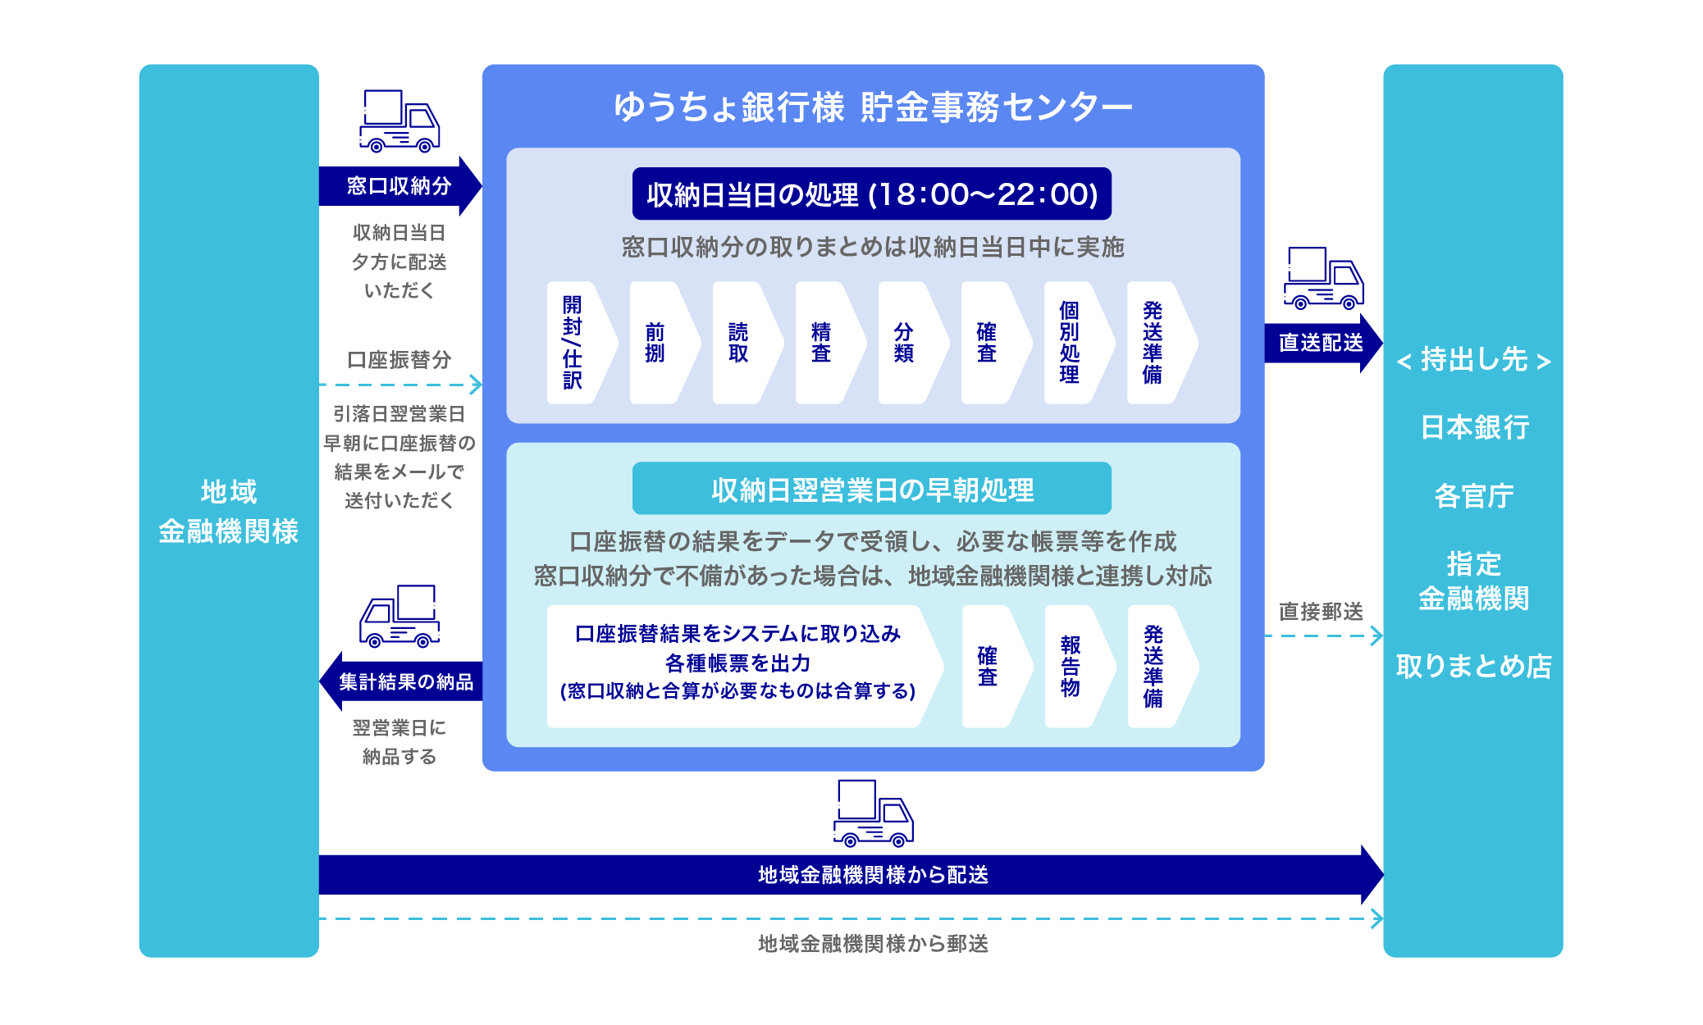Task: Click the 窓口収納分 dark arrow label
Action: point(399,186)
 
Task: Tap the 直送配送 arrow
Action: point(1321,343)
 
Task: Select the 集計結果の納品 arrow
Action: point(405,681)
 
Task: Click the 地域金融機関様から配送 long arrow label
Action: point(872,875)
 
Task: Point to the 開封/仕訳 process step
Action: point(573,343)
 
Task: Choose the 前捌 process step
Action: point(656,343)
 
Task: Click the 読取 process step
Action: point(739,343)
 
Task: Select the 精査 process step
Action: point(822,343)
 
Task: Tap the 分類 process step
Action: point(905,343)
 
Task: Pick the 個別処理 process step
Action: point(1071,343)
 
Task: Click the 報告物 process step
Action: point(1071,666)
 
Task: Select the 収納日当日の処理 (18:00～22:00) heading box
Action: point(871,194)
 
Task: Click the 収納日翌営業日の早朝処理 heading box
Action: point(871,490)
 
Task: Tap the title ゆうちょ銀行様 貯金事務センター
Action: point(872,107)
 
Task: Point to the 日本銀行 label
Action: point(1474,427)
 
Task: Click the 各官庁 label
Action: point(1474,496)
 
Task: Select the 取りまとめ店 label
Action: point(1474,666)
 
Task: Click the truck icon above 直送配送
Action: point(1322,279)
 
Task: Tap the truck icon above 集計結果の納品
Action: point(399,616)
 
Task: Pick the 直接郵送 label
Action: point(1321,612)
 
